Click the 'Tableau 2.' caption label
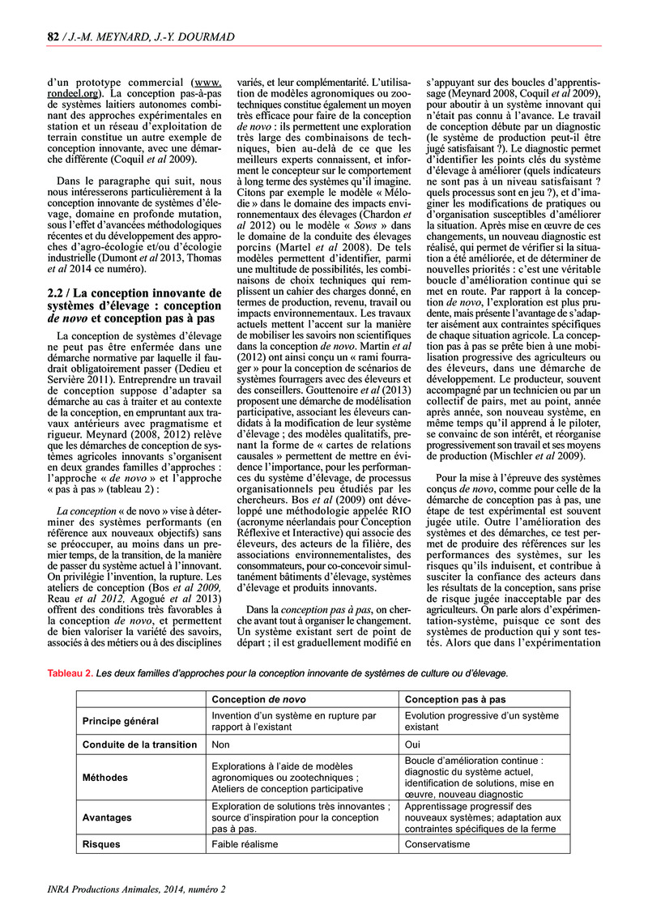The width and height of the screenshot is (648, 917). pos(70,673)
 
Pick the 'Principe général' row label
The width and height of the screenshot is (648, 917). pos(121,721)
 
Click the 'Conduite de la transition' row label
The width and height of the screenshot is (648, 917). pos(140,744)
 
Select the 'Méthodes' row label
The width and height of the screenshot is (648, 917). pos(105,778)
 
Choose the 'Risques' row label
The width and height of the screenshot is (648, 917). pos(101,844)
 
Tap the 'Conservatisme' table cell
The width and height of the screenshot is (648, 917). pos(437,844)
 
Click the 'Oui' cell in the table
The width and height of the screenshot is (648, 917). pos(412,744)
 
